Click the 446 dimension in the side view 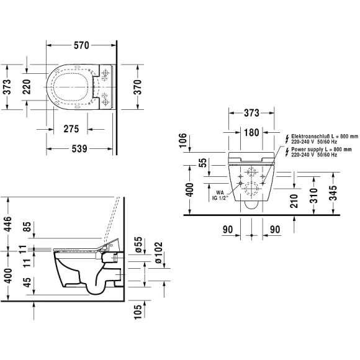[7, 220]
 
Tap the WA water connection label [220, 193]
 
